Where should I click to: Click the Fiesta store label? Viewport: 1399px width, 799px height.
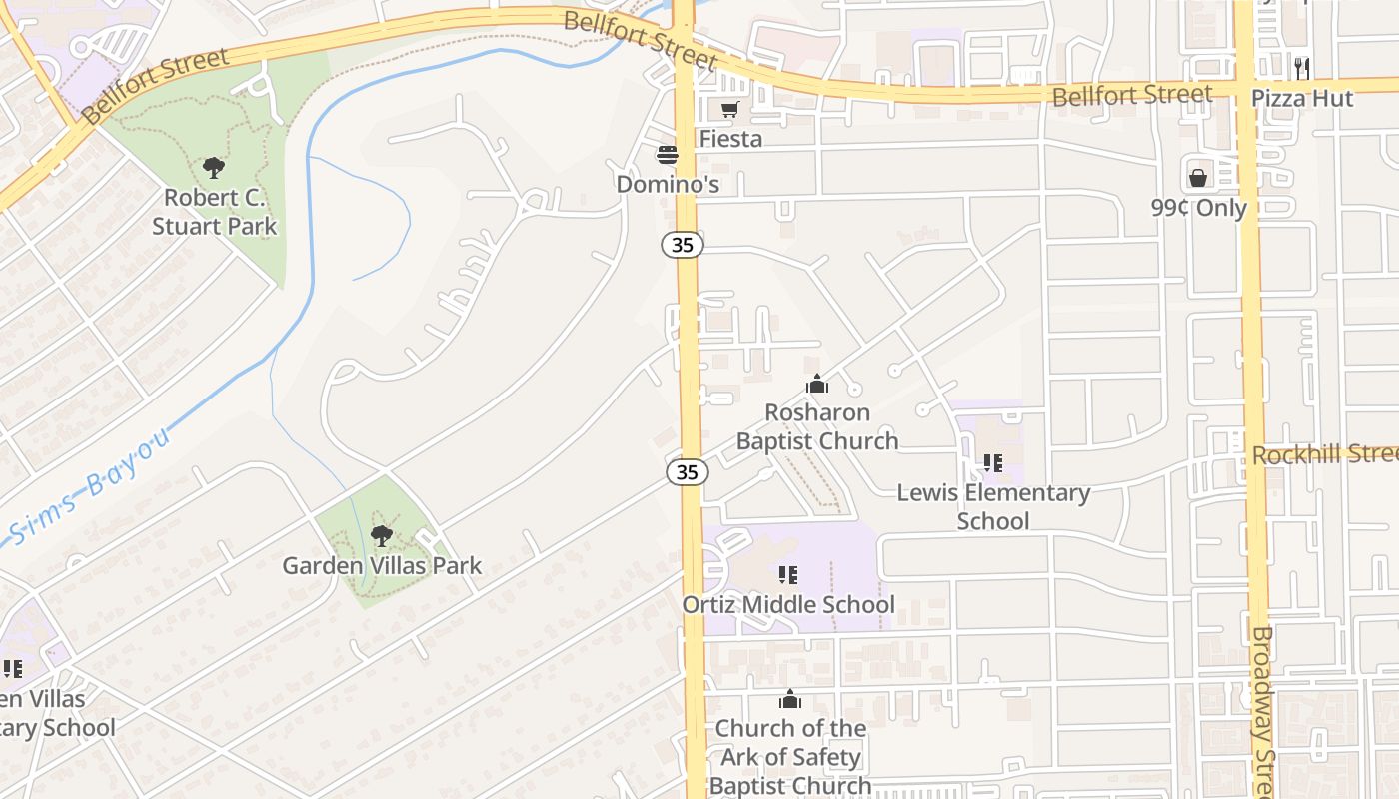coord(730,139)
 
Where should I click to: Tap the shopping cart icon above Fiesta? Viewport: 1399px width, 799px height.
coord(730,109)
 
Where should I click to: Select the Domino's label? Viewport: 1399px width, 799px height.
coord(668,184)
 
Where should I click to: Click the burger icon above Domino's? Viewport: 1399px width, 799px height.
coord(667,155)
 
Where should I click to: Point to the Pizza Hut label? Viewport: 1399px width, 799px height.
coord(1303,98)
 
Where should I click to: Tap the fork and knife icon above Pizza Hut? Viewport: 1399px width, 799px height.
coord(1301,68)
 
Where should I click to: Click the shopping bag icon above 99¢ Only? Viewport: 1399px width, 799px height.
coord(1198,178)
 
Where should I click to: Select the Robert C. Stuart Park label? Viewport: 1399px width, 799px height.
coord(214,212)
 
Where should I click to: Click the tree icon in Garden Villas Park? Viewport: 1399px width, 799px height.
coord(381,536)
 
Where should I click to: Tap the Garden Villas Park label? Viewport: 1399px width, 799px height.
coord(382,566)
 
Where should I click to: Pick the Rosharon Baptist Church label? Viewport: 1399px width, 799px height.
coord(817,426)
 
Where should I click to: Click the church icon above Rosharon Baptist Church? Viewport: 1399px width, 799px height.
coord(817,384)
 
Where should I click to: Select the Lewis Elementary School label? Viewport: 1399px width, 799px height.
coord(993,506)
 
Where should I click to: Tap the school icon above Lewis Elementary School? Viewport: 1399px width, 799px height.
coord(992,463)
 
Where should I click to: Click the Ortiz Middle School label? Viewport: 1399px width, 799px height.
coord(788,605)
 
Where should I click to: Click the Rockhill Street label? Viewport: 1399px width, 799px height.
coord(1324,455)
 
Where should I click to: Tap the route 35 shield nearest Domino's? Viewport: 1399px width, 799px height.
coord(684,245)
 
